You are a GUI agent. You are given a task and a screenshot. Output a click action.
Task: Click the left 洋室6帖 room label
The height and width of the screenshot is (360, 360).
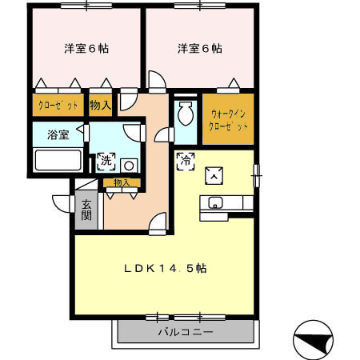(86, 49)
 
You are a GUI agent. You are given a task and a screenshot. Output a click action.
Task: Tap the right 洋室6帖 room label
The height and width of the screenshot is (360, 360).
(200, 49)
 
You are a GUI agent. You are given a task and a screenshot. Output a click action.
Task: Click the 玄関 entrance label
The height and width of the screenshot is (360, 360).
(86, 210)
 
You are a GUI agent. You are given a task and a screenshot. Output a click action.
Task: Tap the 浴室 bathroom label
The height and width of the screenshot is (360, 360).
(57, 134)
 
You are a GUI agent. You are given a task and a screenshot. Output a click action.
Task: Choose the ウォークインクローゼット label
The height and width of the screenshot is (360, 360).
(228, 120)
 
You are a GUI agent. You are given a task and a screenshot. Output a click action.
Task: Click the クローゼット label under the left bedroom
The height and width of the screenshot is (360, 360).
(57, 106)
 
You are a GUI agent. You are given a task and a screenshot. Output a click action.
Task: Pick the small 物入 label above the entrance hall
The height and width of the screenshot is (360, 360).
(122, 183)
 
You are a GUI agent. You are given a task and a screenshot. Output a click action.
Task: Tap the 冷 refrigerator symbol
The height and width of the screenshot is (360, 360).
(185, 159)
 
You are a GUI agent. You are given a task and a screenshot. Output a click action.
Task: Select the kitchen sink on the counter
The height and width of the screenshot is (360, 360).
(214, 203)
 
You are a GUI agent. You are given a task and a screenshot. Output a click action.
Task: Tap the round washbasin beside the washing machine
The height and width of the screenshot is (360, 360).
(128, 166)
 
